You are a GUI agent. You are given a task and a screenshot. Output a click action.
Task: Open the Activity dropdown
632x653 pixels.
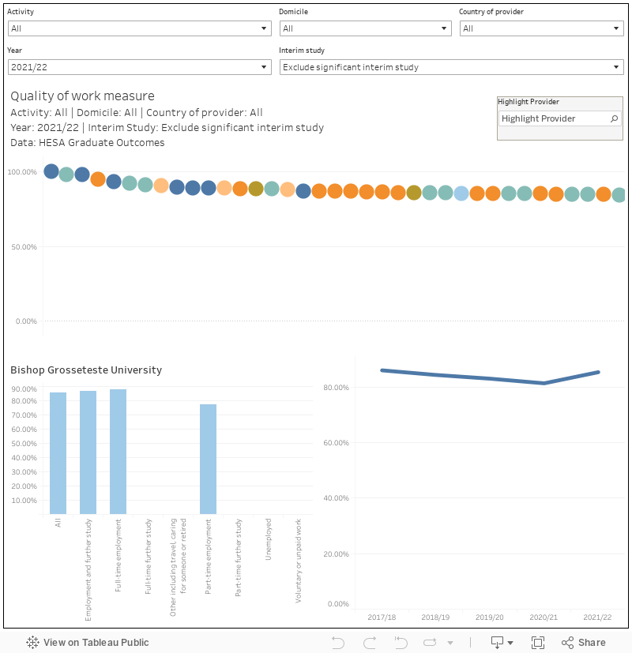[139, 28]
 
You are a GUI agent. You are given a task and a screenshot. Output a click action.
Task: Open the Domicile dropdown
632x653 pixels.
[365, 28]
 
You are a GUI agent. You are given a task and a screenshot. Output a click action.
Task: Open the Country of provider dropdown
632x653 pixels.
[542, 28]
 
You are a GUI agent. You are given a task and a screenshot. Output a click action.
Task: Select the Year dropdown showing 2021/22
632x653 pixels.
[139, 67]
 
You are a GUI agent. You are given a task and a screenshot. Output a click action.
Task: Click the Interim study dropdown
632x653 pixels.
[452, 67]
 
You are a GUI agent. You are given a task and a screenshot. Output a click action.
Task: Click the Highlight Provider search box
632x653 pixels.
[553, 118]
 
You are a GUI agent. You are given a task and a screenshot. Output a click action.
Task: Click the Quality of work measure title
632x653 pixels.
[82, 96]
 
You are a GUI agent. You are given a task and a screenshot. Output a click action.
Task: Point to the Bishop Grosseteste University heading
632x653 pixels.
[86, 370]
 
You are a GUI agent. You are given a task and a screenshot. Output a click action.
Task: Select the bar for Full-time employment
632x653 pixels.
[118, 452]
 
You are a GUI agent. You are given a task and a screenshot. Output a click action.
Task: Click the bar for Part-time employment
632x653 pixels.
[208, 459]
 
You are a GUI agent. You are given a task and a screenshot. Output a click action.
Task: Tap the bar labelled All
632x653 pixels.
[58, 453]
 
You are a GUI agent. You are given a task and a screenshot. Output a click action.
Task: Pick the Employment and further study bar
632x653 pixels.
[88, 452]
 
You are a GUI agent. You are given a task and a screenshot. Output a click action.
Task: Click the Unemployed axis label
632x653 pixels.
[269, 539]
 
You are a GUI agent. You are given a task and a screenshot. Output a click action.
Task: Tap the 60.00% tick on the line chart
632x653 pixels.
[337, 443]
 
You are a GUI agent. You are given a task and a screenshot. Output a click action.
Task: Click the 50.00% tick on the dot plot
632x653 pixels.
[23, 247]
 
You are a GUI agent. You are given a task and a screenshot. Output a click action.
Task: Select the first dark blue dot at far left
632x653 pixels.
[51, 171]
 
